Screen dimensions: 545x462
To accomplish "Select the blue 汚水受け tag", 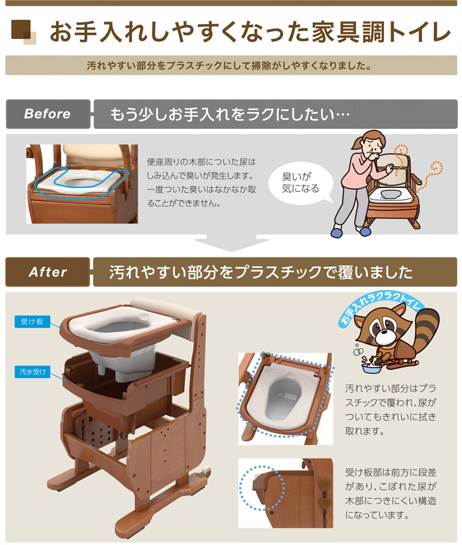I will click(32, 372).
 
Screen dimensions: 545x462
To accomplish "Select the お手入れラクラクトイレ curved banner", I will click(382, 306).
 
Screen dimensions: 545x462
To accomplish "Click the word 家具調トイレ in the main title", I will click(384, 32).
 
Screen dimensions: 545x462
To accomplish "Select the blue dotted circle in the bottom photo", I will click(260, 485).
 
